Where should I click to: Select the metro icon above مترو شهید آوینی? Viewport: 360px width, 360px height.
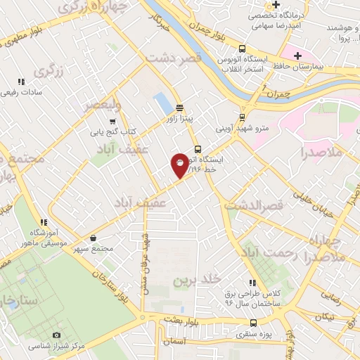tap(243, 117)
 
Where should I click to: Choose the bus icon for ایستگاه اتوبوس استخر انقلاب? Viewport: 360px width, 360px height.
tap(243, 49)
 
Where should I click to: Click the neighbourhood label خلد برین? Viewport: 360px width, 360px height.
tap(191, 280)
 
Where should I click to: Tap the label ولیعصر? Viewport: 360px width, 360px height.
tap(103, 105)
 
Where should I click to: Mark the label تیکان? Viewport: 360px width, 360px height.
tap(324, 318)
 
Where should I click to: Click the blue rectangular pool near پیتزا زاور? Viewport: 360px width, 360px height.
tap(164, 104)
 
